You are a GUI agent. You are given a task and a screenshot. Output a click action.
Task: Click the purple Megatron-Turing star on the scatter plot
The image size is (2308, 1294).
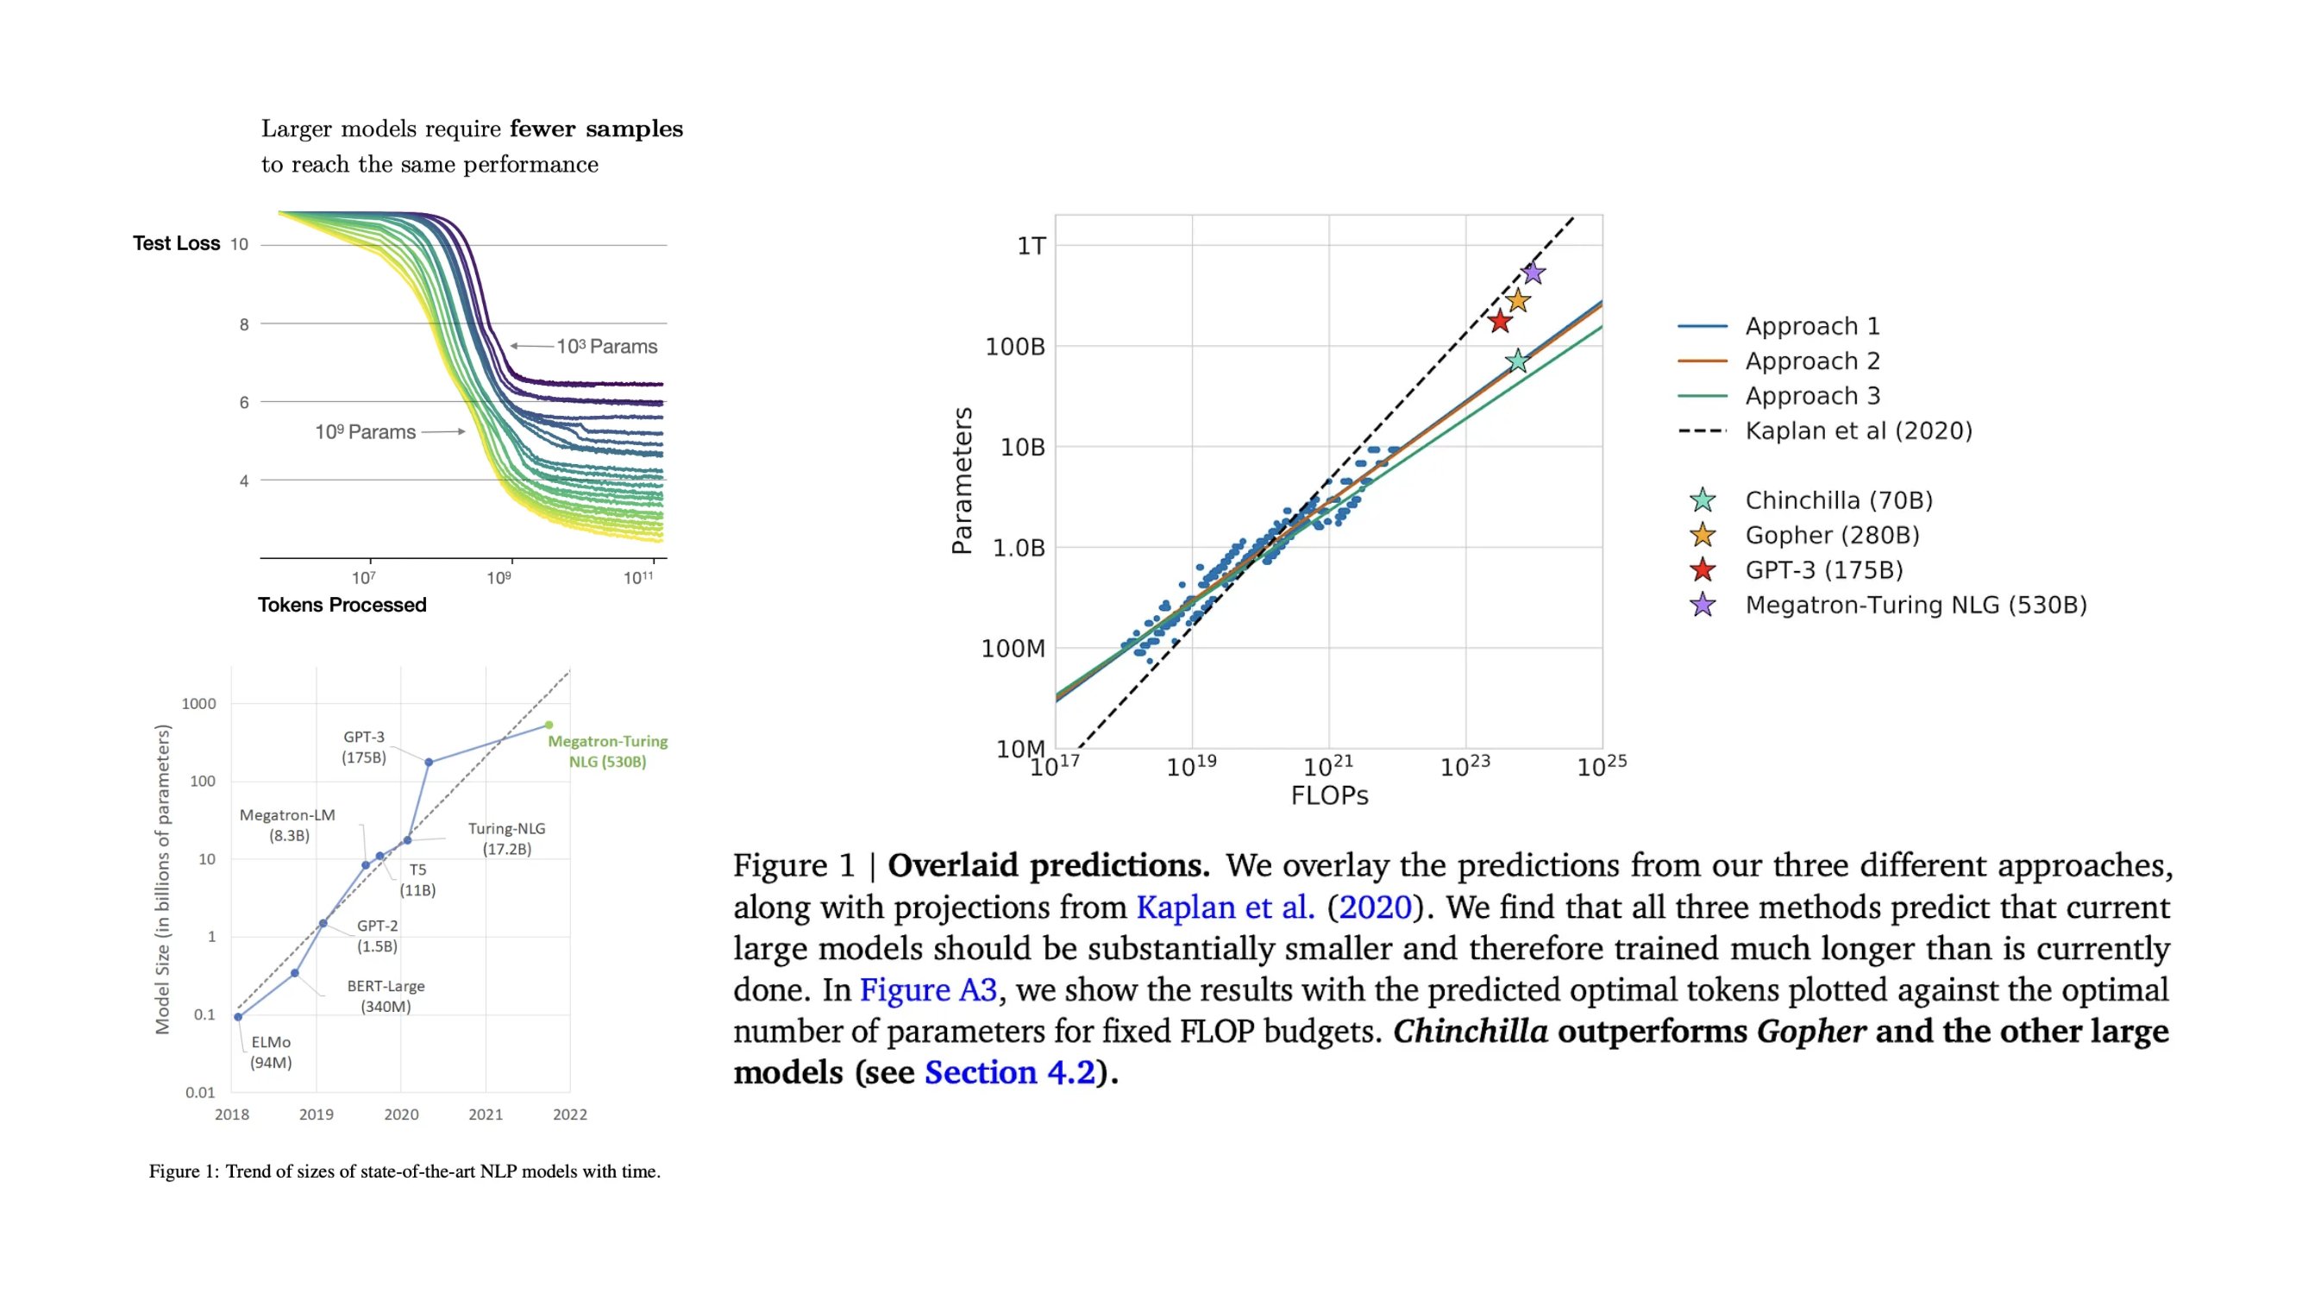point(1533,273)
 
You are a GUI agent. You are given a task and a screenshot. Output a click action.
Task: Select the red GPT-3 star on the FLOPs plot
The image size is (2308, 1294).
point(1500,321)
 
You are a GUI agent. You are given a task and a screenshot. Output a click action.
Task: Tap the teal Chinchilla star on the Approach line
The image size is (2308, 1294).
point(1517,361)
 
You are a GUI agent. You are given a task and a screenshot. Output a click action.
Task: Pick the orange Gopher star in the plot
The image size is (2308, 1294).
point(1517,300)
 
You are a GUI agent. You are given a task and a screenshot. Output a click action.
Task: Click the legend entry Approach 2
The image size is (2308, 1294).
point(1811,361)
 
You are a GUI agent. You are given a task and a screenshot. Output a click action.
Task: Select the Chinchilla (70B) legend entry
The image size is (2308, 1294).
point(1838,500)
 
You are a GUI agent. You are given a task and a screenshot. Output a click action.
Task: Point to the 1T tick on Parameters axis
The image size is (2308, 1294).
point(1032,246)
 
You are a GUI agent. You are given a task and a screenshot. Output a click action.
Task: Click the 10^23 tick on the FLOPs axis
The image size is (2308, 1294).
point(1464,766)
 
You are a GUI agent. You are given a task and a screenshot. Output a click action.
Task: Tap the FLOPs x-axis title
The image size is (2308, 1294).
point(1329,795)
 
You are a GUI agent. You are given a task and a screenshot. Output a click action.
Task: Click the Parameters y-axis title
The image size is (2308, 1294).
point(962,481)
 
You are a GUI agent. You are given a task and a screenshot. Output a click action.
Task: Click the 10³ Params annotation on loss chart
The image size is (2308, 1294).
point(606,347)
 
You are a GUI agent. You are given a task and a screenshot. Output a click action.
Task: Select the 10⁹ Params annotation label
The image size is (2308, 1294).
point(365,432)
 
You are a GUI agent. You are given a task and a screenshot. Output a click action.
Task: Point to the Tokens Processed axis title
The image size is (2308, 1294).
point(342,605)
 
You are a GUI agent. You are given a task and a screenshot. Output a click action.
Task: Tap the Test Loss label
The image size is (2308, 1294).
point(177,243)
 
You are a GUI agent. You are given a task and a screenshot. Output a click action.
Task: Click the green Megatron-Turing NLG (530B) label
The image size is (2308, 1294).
point(607,751)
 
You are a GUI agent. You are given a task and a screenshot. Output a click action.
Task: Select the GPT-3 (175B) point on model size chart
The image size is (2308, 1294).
point(429,763)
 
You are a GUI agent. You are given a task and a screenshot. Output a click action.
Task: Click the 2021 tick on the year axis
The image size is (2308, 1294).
point(485,1115)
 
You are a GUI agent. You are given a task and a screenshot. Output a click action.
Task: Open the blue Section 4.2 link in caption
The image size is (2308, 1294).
point(1010,1072)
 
